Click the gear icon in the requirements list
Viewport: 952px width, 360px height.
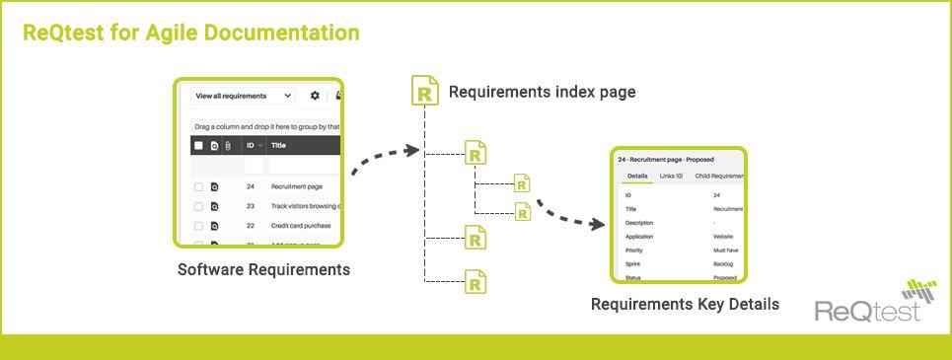point(315,96)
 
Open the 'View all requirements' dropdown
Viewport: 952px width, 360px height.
point(243,96)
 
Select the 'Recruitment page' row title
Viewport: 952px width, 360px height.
point(297,186)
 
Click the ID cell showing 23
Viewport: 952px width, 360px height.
point(251,206)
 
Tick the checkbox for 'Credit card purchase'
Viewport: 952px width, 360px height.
point(198,226)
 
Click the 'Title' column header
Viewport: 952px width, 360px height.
point(278,145)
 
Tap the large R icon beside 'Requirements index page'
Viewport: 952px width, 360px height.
point(424,90)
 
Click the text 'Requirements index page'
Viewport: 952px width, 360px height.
point(542,92)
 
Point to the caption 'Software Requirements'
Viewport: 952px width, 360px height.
point(263,269)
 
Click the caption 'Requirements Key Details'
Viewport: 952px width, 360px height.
point(685,304)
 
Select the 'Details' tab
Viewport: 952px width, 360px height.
point(637,176)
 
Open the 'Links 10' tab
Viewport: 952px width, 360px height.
point(671,176)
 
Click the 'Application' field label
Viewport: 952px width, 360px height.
point(639,237)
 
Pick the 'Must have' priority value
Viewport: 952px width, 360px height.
point(727,251)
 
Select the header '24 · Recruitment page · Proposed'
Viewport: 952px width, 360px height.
point(665,159)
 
